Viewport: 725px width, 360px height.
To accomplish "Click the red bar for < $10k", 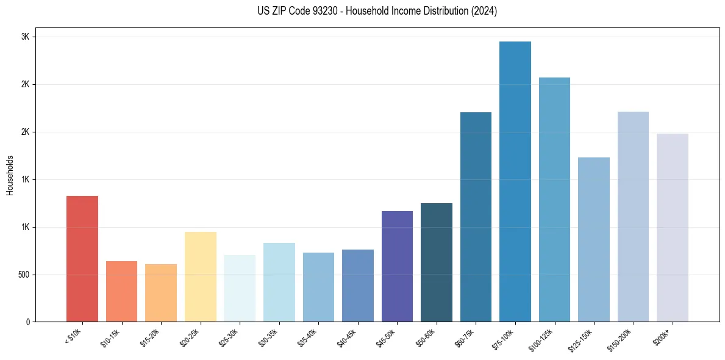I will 82,259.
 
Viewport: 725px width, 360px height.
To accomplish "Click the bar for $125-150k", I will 594,239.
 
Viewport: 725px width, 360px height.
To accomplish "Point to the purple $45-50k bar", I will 397,266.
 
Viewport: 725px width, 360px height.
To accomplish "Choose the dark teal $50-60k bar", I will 437,262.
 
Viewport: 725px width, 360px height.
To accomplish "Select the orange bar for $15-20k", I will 161,293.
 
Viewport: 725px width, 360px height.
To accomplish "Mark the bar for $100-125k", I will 554,200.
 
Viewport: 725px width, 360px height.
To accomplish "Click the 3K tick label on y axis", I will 25,37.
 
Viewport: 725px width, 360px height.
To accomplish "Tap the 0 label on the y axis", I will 27,322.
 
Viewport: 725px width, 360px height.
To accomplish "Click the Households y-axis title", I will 10,175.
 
